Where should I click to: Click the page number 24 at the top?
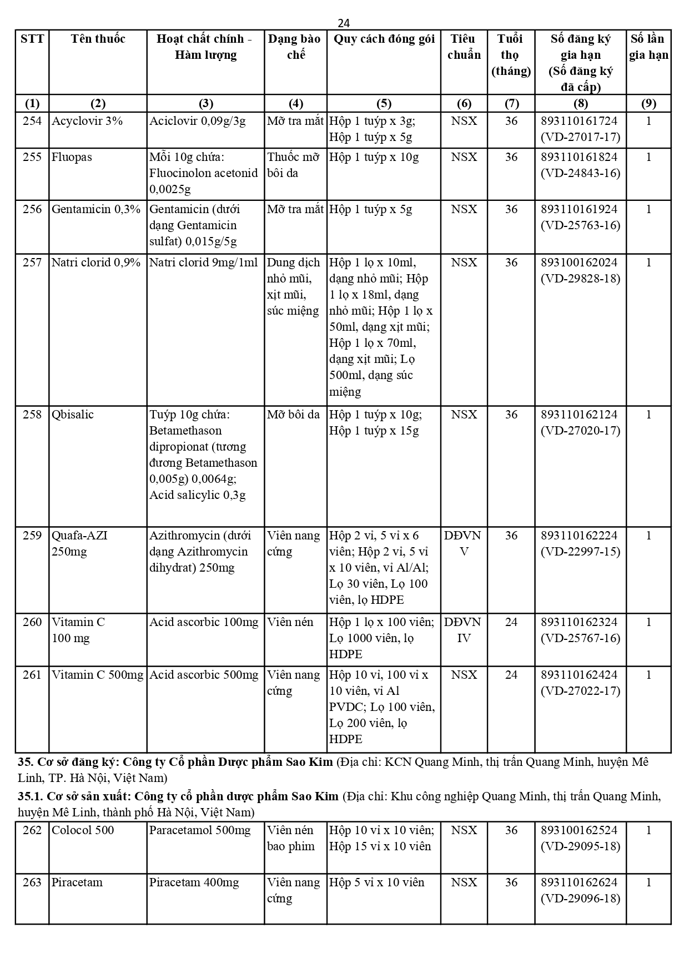[x=344, y=23]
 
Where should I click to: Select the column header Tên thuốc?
[x=98, y=39]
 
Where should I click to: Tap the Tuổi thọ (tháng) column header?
[x=511, y=54]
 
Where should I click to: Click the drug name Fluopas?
[x=72, y=157]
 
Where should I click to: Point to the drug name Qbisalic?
[x=73, y=415]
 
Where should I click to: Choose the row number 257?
[x=32, y=263]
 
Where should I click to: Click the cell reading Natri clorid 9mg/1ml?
[x=204, y=263]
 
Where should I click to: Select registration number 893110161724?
[x=580, y=121]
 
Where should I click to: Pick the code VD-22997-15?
[x=580, y=552]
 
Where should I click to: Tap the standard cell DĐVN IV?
[x=464, y=630]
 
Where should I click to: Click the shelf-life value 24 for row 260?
[x=511, y=622]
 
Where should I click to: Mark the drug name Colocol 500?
[x=83, y=830]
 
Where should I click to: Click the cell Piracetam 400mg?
[x=194, y=882]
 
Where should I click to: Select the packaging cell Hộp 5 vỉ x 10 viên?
[x=376, y=882]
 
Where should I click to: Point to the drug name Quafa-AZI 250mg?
[x=79, y=543]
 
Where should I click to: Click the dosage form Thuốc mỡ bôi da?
[x=294, y=165]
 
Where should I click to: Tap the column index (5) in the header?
[x=384, y=103]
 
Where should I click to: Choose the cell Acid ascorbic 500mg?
[x=204, y=675]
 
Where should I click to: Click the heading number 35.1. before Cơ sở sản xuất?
[x=30, y=796]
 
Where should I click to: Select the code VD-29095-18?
[x=580, y=846]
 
